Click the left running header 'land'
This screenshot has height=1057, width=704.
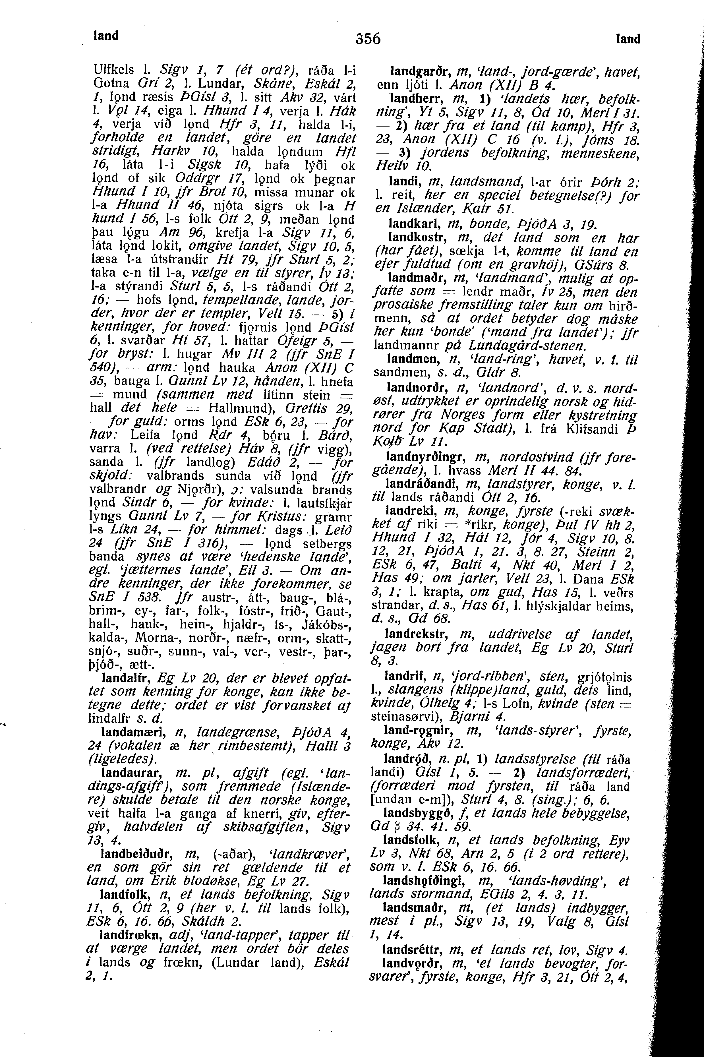pos(105,36)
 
